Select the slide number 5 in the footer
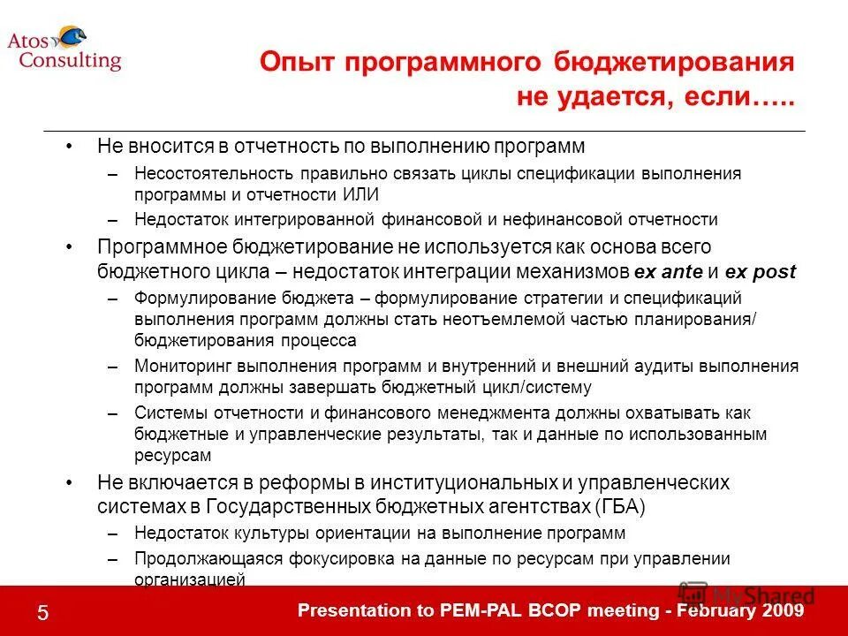click(x=42, y=611)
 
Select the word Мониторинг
click(x=180, y=366)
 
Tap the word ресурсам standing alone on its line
click(x=173, y=456)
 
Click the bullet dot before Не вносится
click(x=70, y=145)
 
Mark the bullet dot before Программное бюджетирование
click(x=70, y=247)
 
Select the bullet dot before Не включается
click(x=70, y=483)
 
